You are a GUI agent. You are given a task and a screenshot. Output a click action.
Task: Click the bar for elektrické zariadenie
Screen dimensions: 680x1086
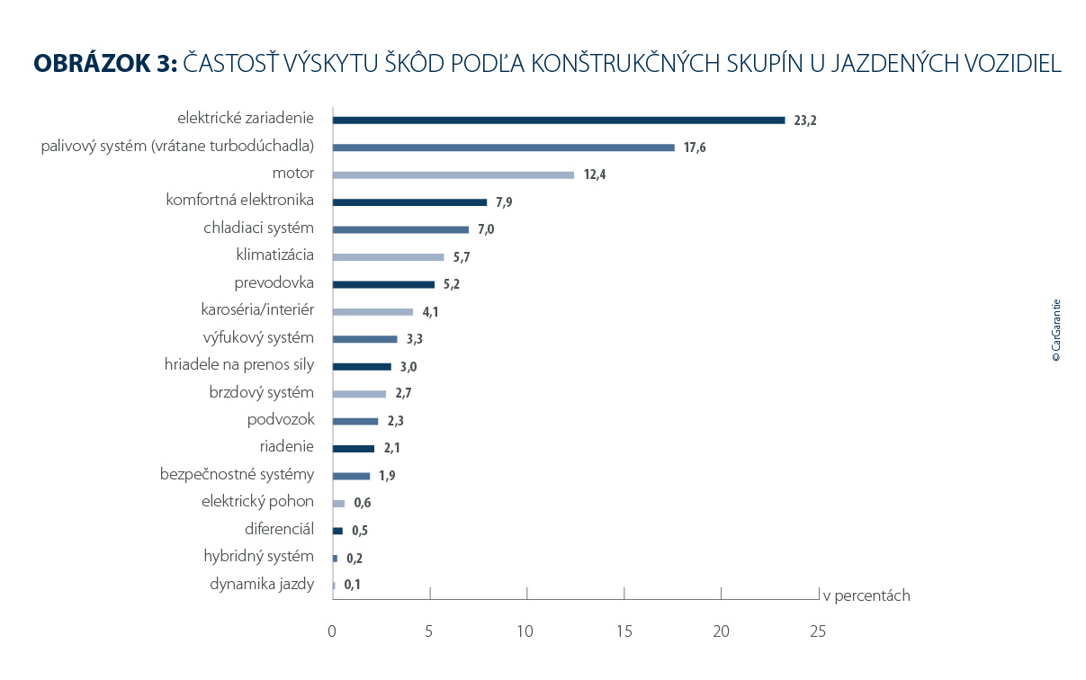coord(558,120)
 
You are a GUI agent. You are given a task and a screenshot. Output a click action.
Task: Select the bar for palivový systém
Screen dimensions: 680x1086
coord(503,148)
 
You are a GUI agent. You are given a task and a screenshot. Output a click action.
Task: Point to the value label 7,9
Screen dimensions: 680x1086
coord(504,202)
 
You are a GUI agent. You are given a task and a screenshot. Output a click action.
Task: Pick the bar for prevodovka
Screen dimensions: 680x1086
coord(383,284)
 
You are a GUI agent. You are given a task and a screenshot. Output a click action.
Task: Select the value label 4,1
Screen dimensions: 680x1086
coord(431,312)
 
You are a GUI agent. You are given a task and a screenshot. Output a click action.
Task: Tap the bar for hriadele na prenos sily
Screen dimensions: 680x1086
coord(362,366)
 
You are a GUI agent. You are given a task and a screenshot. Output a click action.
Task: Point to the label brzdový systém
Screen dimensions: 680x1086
coord(261,392)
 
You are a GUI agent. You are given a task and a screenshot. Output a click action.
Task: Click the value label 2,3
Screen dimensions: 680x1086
coord(396,421)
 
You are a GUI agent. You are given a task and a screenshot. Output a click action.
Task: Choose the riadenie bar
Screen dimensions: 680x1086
coord(353,448)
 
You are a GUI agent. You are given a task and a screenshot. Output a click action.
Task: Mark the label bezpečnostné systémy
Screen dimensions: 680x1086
coord(237,474)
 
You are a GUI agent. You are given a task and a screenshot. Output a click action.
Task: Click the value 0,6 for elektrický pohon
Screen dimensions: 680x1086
coord(363,504)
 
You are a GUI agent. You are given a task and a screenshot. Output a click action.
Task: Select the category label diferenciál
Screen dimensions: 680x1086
coord(279,529)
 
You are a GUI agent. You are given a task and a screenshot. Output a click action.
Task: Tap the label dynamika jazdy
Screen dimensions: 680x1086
coord(262,584)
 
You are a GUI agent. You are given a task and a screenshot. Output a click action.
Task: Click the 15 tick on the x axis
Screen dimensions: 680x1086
coord(624,631)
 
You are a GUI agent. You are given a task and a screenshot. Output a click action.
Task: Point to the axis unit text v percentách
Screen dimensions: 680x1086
coord(866,595)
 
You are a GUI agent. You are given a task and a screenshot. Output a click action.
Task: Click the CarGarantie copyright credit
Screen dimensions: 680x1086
coord(1056,330)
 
